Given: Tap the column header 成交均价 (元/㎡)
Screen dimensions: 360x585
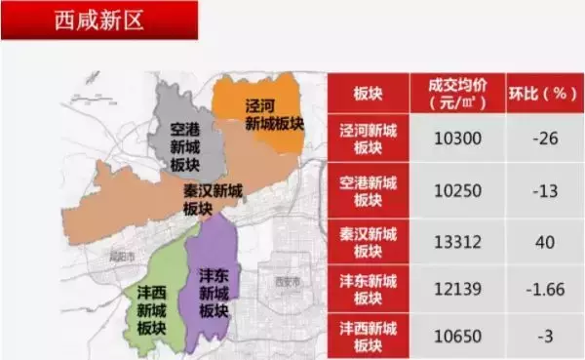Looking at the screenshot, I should point(456,93).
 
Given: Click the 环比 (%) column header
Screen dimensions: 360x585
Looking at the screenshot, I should point(545,94).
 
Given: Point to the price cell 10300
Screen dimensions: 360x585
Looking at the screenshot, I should point(456,139).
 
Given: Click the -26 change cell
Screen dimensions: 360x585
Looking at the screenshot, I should point(545,139).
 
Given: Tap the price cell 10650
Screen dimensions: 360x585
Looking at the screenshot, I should point(456,336).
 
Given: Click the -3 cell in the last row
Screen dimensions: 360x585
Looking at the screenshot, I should point(545,336).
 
